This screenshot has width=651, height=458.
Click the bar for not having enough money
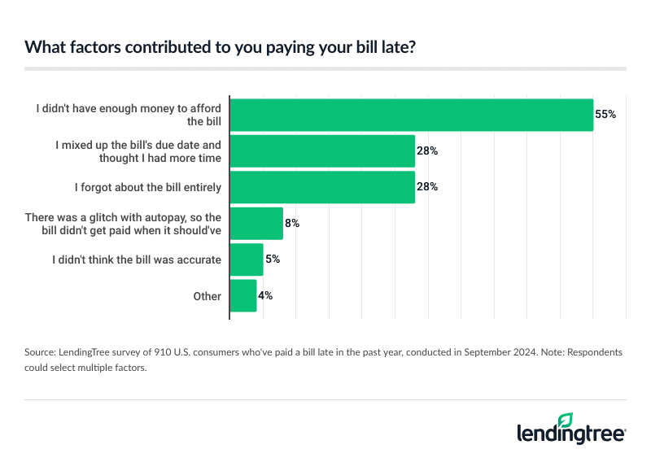pyautogui.click(x=412, y=115)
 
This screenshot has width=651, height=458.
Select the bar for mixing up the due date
pyautogui.click(x=323, y=151)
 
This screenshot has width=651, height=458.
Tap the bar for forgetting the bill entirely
pyautogui.click(x=323, y=187)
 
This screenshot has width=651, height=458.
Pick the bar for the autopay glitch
pyautogui.click(x=257, y=223)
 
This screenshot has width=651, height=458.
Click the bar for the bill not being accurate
pyautogui.click(x=247, y=260)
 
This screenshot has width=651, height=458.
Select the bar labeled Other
pyautogui.click(x=244, y=296)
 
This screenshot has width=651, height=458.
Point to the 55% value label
pyautogui.click(x=605, y=115)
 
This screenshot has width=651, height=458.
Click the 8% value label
pyautogui.click(x=292, y=223)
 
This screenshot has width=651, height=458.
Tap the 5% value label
pyautogui.click(x=273, y=260)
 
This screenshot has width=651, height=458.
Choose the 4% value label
pyautogui.click(x=265, y=296)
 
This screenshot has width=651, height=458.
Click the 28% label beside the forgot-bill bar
pyautogui.click(x=428, y=187)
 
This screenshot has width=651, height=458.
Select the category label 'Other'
pyautogui.click(x=207, y=296)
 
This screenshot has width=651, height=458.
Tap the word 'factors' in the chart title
pyautogui.click(x=89, y=47)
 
